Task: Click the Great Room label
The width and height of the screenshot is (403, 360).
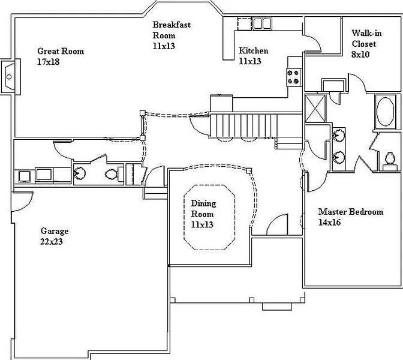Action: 61,52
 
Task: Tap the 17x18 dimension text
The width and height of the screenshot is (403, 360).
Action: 48,61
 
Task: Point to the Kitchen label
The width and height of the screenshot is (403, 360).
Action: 254,51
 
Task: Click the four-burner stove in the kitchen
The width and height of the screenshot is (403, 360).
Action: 294,76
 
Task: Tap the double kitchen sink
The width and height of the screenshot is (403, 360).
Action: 261,24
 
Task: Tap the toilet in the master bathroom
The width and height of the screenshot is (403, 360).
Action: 390,159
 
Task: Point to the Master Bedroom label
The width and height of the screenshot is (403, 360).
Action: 351,212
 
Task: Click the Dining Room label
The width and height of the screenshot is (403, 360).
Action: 203,209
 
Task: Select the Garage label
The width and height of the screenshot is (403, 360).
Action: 55,231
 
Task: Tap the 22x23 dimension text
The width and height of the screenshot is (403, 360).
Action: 52,242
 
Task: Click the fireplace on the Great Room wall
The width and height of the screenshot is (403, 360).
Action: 9,77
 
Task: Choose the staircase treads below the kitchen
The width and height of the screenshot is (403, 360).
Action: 243,125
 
